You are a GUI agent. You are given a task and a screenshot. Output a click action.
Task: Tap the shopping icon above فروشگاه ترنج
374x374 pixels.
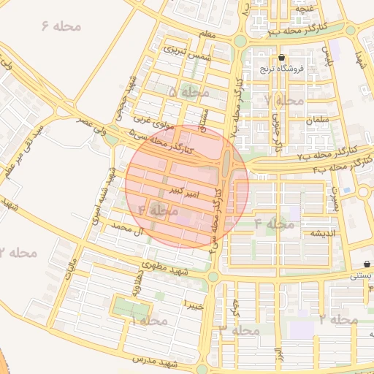point(282,58)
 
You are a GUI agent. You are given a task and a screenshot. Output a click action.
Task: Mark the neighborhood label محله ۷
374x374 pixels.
point(283,99)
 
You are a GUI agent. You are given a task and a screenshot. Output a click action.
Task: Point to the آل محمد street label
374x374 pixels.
point(126,229)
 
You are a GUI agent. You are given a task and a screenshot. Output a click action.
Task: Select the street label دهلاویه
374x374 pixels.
point(136,283)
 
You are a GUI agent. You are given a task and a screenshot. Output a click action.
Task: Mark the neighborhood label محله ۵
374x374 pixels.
point(188,93)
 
